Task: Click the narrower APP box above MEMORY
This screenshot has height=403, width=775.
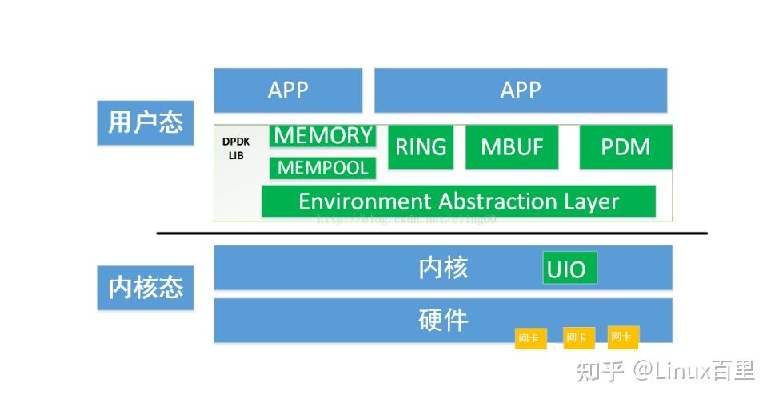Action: coord(288,90)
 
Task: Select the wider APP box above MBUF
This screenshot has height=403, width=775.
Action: coord(520,90)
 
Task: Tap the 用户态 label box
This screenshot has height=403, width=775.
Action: coord(146,122)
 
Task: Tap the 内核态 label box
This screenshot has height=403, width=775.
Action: coord(146,287)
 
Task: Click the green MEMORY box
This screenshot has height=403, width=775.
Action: coord(323,136)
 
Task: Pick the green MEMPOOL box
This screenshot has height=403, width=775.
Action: coord(323,168)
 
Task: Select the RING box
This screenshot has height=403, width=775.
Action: coord(421,147)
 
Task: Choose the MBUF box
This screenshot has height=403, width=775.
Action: coord(512,147)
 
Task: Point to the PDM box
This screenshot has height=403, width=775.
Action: coord(625,147)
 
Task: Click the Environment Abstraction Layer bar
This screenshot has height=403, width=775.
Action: coord(458,201)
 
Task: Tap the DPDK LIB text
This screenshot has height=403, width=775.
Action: coord(236,148)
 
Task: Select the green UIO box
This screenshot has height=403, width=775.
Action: coord(569,269)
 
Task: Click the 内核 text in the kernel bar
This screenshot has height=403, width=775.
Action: coord(443,268)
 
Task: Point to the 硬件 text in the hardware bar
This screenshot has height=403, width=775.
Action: coord(443,320)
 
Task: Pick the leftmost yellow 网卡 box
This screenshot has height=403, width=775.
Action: coord(529,338)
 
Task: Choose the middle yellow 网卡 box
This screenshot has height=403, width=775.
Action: coord(577,337)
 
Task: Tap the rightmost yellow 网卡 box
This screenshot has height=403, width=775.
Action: coord(622,337)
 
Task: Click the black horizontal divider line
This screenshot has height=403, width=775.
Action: coord(432,233)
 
